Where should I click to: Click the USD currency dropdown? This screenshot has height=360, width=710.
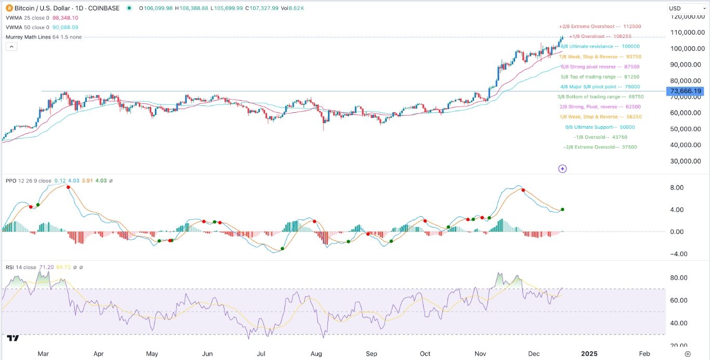(x=686, y=8)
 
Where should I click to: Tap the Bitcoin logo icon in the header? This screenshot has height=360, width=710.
(x=9, y=8)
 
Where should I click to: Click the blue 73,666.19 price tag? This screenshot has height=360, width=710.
(x=686, y=91)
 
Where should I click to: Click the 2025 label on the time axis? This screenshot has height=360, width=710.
(x=589, y=354)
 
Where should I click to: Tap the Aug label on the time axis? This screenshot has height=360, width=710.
(x=316, y=354)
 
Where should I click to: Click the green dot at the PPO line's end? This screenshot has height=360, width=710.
(x=563, y=209)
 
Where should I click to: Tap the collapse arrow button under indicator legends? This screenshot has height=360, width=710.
(x=11, y=47)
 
